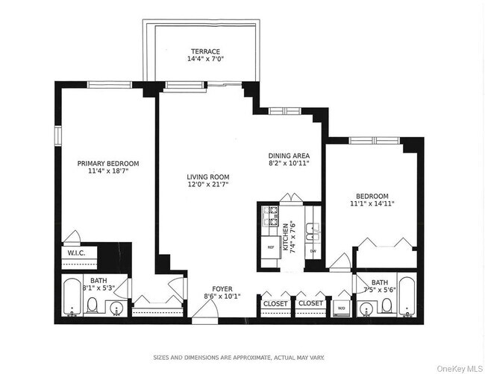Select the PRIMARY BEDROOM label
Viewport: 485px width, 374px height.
(x=108, y=163)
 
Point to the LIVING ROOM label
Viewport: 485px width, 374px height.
(x=207, y=177)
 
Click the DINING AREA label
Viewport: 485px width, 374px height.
(x=288, y=156)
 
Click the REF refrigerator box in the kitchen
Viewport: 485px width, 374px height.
(x=269, y=247)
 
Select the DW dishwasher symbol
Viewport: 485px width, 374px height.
(x=313, y=252)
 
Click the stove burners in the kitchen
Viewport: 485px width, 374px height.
(x=269, y=216)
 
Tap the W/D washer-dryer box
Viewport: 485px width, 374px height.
(x=341, y=307)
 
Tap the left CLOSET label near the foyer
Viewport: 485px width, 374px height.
(x=275, y=303)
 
